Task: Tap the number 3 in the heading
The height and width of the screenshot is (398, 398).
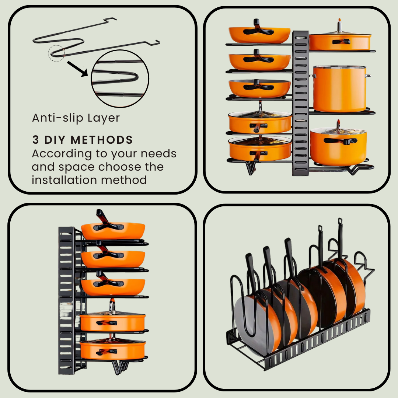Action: [35, 140]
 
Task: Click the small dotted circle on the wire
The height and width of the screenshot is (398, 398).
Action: [56, 53]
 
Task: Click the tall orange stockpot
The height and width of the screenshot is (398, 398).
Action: [339, 89]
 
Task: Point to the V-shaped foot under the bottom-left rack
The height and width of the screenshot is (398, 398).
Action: [119, 367]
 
